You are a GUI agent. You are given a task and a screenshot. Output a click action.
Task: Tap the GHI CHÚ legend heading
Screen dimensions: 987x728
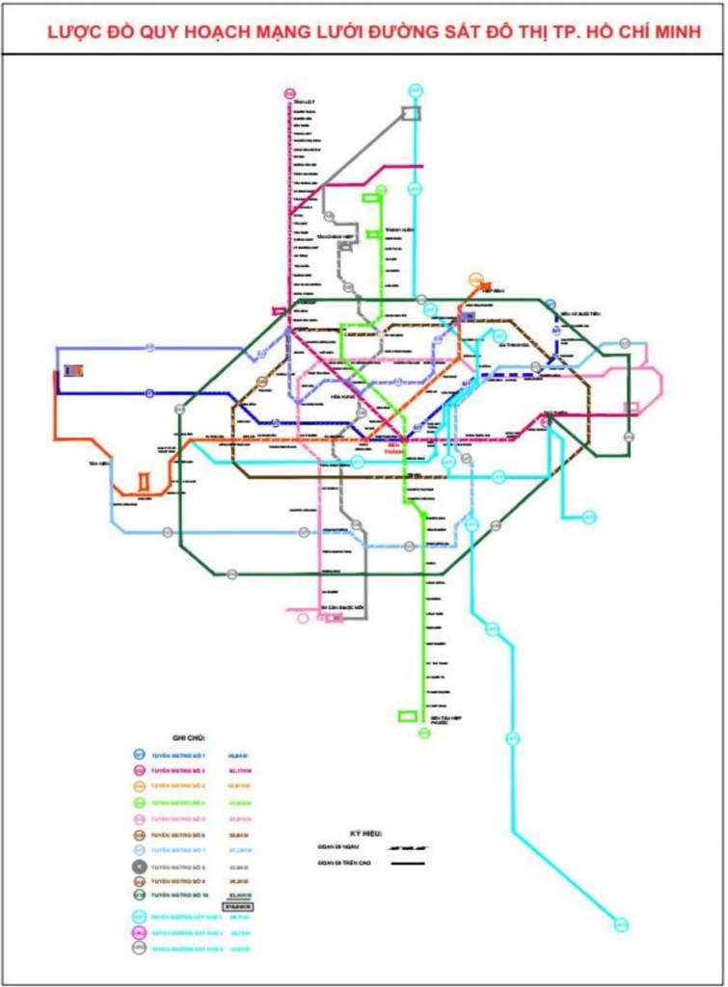point(188,737)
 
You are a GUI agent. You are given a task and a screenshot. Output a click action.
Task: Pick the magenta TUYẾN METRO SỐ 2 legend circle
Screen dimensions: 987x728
point(139,771)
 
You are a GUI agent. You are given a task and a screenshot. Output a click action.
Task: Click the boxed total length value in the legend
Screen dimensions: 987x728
point(236,907)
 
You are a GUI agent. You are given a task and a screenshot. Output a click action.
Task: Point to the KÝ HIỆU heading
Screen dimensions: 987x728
point(365,832)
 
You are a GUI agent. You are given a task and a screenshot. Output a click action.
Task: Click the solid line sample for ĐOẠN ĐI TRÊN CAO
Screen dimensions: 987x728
point(408,863)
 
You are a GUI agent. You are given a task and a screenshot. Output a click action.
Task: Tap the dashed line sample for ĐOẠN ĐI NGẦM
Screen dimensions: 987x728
point(408,846)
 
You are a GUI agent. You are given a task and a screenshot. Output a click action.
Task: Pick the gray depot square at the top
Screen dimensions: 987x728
point(412,113)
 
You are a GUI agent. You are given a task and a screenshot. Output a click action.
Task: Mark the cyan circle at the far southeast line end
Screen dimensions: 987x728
point(621,925)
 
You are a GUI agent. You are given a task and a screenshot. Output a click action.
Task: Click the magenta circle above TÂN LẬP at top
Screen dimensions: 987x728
point(289,93)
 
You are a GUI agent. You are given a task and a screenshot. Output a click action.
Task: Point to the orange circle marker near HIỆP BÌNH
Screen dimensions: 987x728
point(475,280)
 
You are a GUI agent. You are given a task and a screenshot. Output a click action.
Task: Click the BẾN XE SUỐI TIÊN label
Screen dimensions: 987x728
point(581,314)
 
